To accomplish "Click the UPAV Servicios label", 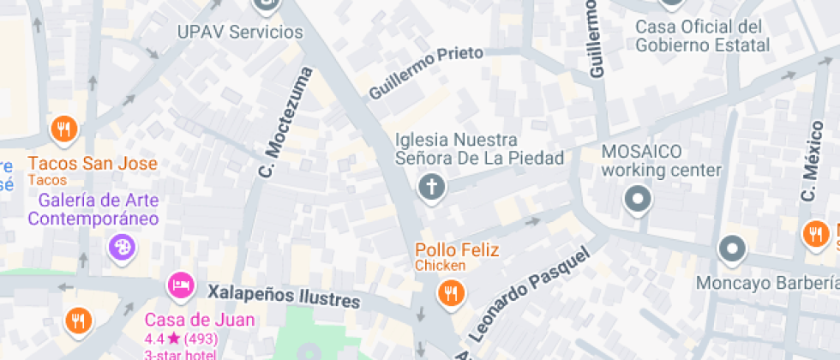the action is pyautogui.click(x=240, y=33).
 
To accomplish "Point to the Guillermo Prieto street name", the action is pyautogui.click(x=426, y=71).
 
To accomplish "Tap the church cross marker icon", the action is pyautogui.click(x=432, y=187).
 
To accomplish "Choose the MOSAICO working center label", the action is pyautogui.click(x=661, y=161).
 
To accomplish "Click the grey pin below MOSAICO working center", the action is pyautogui.click(x=638, y=201).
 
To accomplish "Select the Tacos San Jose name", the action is pyautogui.click(x=93, y=164).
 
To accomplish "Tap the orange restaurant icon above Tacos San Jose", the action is pyautogui.click(x=63, y=130).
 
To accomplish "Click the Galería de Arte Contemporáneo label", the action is pyautogui.click(x=93, y=209).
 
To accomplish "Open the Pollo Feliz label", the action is pyautogui.click(x=457, y=251).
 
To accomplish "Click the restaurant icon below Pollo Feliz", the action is pyautogui.click(x=450, y=295).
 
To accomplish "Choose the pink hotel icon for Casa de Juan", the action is pyautogui.click(x=179, y=284).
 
